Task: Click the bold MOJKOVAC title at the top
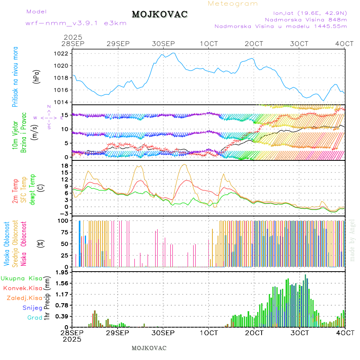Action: coord(160,14)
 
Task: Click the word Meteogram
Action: coord(233,4)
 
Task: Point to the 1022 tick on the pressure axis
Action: coord(64,54)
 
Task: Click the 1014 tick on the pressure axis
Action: coord(64,102)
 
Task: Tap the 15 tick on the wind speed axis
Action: coord(65,115)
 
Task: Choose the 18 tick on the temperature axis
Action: coord(65,166)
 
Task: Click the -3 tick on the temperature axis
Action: coord(64,214)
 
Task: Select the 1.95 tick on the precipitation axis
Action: coord(62,272)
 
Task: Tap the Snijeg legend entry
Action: coord(31,308)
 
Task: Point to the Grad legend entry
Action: coord(35,318)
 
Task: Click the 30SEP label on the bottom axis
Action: coord(163,333)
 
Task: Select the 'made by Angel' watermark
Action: coord(352,240)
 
